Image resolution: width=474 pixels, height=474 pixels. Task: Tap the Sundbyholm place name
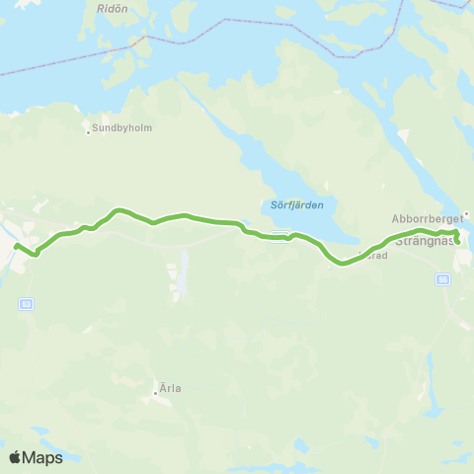tap(123, 128)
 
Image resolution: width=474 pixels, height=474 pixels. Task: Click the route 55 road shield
tap(441, 279)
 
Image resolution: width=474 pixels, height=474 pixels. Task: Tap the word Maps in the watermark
tap(45, 457)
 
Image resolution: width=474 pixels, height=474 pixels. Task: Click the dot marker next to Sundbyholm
tap(88, 130)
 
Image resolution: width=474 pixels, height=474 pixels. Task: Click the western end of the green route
tap(16, 244)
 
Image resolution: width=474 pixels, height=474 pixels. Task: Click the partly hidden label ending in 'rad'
tap(378, 254)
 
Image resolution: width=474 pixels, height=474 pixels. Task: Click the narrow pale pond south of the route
tap(184, 276)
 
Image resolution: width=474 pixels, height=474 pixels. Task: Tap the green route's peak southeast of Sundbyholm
tap(118, 209)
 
